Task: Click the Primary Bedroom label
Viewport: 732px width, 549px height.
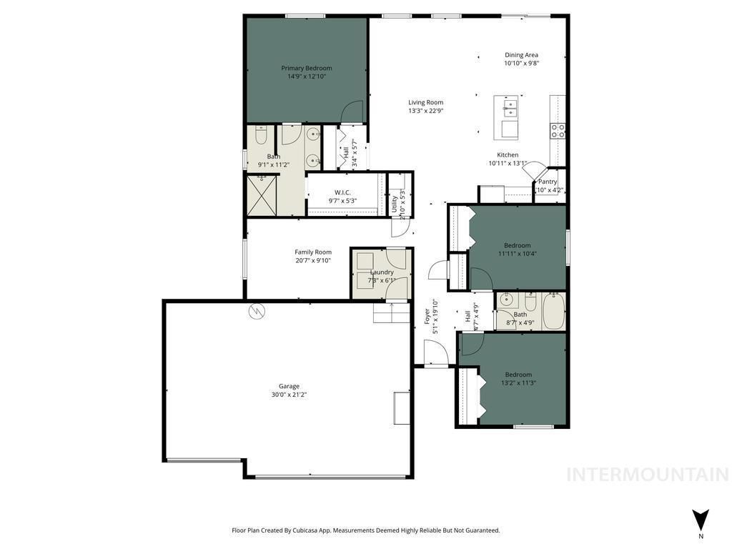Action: pos(306,69)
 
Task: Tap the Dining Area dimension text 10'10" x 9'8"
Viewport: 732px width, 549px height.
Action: pos(521,64)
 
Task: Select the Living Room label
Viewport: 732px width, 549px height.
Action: pos(426,102)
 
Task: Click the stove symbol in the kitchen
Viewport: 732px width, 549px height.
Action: pos(558,130)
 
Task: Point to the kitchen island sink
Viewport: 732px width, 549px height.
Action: pos(510,108)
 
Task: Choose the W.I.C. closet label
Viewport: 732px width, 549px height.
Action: pos(342,192)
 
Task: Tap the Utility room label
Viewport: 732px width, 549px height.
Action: pos(394,204)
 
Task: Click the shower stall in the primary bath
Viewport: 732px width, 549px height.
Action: pos(261,195)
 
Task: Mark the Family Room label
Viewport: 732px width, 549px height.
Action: pos(313,252)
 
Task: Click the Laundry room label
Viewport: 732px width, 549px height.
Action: pos(382,272)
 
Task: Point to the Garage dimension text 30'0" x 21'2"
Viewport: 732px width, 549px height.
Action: pos(290,395)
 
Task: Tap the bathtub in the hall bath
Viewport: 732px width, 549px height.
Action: pos(554,312)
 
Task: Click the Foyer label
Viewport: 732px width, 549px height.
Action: pos(427,317)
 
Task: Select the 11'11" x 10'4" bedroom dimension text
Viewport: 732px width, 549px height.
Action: pos(518,254)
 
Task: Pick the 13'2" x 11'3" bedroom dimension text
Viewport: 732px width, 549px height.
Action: pos(518,383)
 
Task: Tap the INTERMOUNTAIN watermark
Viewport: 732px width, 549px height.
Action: pos(647,475)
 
